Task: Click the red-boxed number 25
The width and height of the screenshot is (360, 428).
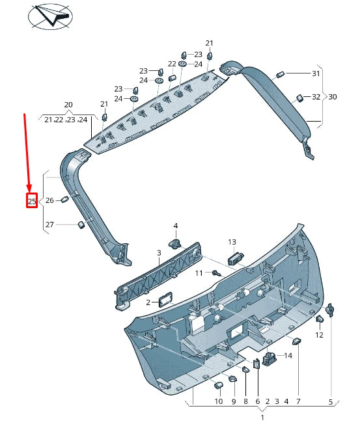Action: tap(31, 201)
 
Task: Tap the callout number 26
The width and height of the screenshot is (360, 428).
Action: tap(49, 200)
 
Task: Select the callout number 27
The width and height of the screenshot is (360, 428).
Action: tap(49, 225)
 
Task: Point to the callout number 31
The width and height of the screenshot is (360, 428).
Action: tap(316, 74)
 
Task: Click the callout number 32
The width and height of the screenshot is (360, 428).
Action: tap(316, 97)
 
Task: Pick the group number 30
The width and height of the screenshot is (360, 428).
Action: tap(332, 97)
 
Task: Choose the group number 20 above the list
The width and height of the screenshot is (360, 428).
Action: tap(68, 105)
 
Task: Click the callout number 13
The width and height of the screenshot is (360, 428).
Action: tap(232, 242)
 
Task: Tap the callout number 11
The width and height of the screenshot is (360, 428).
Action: tap(199, 273)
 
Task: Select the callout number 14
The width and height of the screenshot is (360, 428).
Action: tap(288, 356)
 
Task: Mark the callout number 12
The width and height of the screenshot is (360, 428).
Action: tap(319, 335)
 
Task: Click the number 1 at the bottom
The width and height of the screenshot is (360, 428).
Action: tap(262, 416)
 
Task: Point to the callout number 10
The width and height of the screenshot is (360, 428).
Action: tap(219, 402)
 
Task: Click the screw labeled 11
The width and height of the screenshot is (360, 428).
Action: tap(217, 273)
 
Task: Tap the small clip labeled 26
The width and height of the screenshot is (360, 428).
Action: tap(65, 200)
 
